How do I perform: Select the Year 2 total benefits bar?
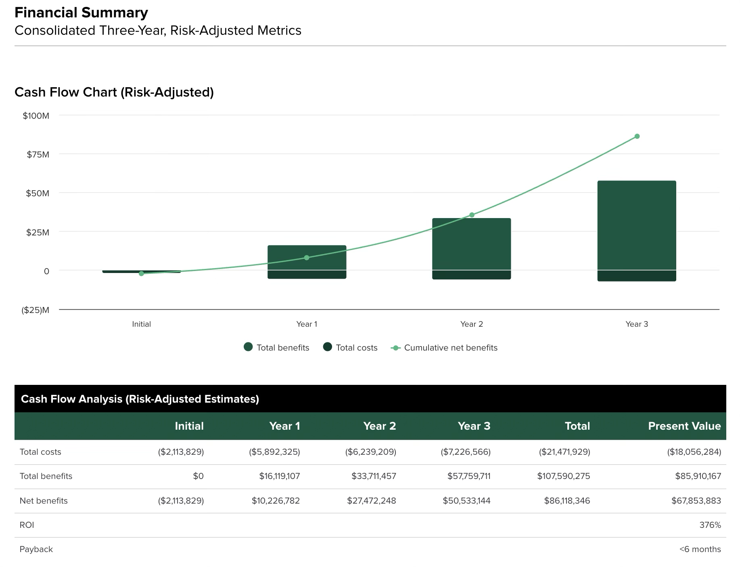tap(471, 244)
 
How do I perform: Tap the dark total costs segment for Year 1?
tap(307, 275)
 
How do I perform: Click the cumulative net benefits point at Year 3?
tap(637, 136)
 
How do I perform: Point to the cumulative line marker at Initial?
tap(141, 274)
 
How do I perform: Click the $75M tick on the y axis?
tap(38, 155)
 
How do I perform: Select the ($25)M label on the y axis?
tap(36, 310)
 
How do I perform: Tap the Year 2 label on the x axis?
tap(471, 324)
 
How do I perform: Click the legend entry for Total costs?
tap(350, 348)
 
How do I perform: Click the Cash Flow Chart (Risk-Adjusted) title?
tap(114, 92)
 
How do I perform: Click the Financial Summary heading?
tap(81, 13)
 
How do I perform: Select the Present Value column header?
tap(684, 426)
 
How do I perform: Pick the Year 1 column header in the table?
tap(284, 426)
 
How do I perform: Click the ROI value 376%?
tap(710, 525)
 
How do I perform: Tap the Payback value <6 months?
tap(700, 549)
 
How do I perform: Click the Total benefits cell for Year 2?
tap(374, 476)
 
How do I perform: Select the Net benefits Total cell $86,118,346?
tap(566, 501)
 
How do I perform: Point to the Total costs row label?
tap(40, 452)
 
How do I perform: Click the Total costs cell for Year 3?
tap(465, 452)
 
